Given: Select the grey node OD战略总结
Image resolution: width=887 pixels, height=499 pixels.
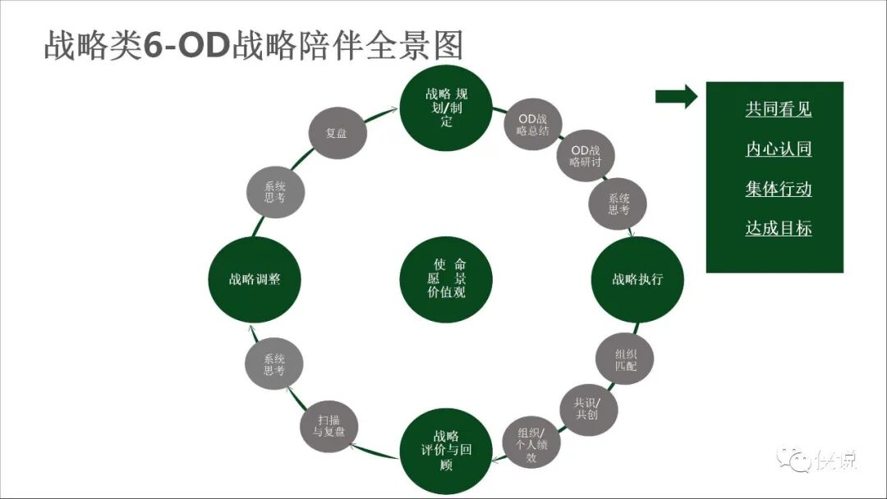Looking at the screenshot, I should (532, 124).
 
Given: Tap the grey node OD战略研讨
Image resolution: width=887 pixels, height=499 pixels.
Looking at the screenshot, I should (585, 156).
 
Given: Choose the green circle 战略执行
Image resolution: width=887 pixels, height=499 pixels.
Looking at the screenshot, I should (637, 279).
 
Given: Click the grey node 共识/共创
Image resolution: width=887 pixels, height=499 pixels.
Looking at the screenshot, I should (587, 408).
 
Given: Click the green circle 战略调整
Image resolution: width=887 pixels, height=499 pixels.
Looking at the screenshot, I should (255, 279).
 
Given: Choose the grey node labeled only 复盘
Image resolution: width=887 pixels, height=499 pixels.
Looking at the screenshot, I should (336, 133).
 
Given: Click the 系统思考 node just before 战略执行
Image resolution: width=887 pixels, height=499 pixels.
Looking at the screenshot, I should (618, 204).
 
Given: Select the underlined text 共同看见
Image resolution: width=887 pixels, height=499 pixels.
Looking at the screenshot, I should (778, 110).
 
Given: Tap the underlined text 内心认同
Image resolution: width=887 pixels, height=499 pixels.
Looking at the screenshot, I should (778, 149).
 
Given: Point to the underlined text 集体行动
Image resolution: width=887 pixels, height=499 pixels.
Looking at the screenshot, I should (778, 189).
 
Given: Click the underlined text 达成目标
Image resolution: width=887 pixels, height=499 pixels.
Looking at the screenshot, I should (778, 228).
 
